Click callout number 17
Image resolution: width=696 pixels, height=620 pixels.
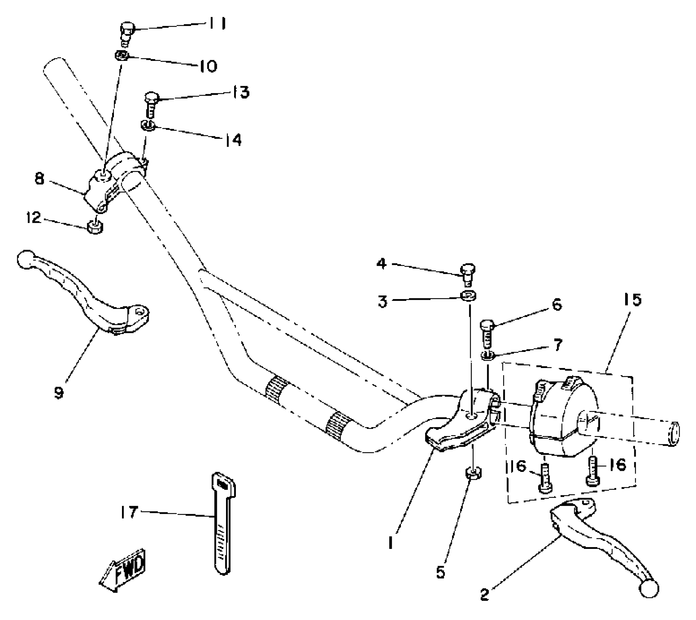pyautogui.click(x=129, y=512)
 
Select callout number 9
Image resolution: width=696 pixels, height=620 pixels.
pyautogui.click(x=59, y=393)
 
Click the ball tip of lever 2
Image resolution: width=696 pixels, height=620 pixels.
pyautogui.click(x=649, y=588)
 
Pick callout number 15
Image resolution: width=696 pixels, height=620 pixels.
pyautogui.click(x=632, y=300)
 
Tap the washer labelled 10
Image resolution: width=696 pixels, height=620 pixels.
pyautogui.click(x=122, y=56)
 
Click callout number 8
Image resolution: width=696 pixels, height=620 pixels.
pyautogui.click(x=39, y=179)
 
